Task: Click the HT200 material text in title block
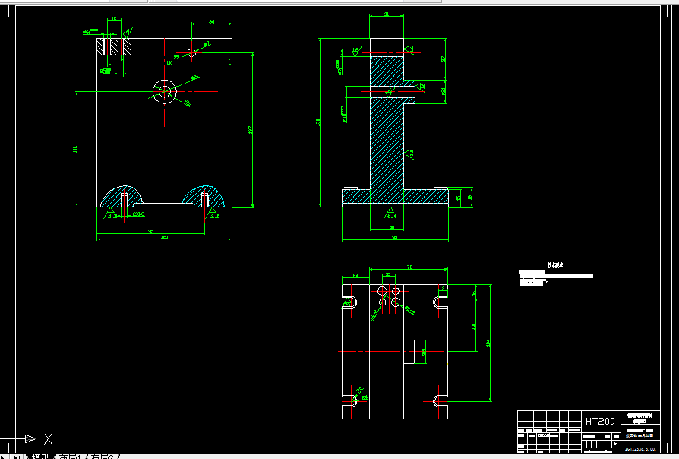tap(600, 421)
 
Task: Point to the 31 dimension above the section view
tap(386, 14)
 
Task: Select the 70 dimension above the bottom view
tap(410, 267)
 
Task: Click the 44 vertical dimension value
tap(474, 326)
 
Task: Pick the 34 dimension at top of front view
tap(211, 23)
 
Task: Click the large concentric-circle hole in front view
tap(164, 92)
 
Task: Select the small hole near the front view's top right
tap(191, 52)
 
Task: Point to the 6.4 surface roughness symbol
tap(391, 215)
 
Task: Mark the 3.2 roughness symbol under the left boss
tap(112, 216)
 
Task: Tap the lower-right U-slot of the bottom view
tap(439, 400)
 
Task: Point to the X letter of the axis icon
tap(48, 438)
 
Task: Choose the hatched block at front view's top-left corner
tap(114, 46)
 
